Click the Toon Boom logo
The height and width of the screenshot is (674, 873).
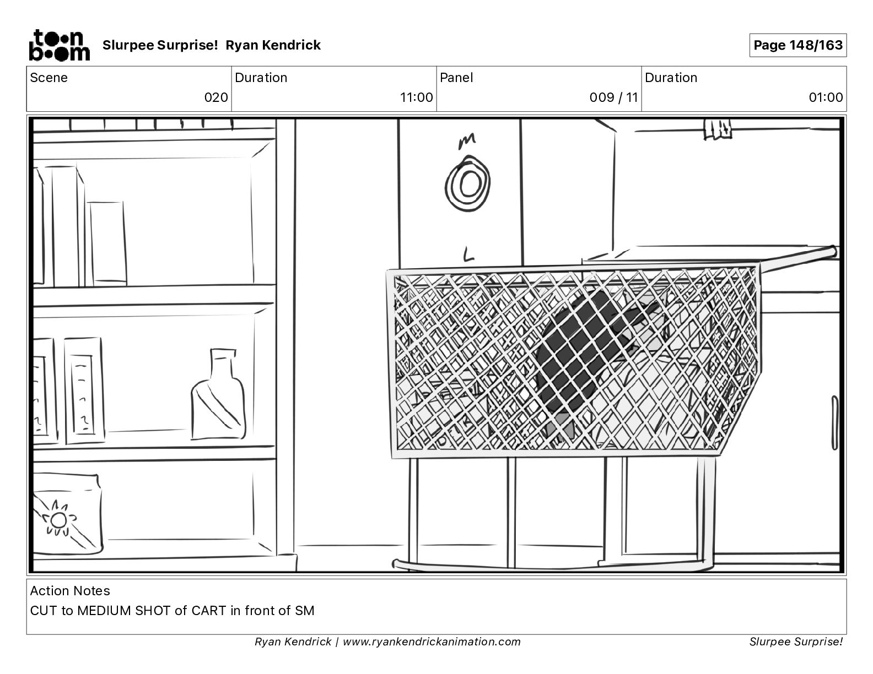[x=59, y=45]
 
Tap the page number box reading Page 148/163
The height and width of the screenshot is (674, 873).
[x=797, y=45]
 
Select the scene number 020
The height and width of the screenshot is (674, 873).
[x=216, y=97]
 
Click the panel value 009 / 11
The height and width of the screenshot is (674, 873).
[x=613, y=97]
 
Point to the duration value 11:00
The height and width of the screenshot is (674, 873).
[x=416, y=97]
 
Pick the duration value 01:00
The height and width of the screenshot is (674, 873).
[x=826, y=97]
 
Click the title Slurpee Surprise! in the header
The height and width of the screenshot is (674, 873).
[x=160, y=45]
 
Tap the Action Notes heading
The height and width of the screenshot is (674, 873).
[x=70, y=591]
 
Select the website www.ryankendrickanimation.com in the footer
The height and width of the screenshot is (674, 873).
[x=432, y=642]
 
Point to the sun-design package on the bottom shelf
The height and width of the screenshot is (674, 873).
[x=66, y=515]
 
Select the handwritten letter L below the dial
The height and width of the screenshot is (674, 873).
[x=468, y=254]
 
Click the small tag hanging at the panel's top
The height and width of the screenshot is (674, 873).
[x=718, y=128]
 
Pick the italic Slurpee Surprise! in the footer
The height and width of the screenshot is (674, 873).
[x=796, y=642]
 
